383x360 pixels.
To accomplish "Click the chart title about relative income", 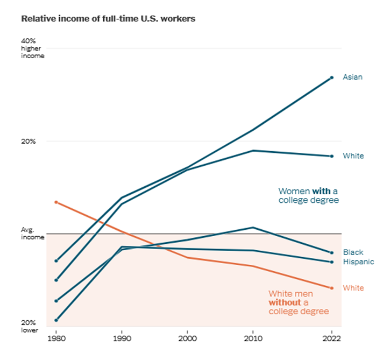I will point(108,19).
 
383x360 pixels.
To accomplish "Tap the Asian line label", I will point(353,77).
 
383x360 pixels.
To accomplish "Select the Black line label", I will point(353,252).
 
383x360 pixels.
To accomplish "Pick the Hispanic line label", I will point(358,262).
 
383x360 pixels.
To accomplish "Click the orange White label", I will point(353,288).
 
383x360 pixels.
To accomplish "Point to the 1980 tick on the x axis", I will point(56,339).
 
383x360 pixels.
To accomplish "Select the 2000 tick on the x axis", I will point(187,339).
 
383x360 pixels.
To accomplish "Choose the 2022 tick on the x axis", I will point(331,339).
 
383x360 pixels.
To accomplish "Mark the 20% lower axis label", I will point(30,326).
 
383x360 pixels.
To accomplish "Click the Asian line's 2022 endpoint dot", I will point(332,77).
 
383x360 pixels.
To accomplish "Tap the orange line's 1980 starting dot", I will point(56,202).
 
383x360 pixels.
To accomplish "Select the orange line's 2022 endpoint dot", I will point(332,288).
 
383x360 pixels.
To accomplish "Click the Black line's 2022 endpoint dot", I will point(332,252).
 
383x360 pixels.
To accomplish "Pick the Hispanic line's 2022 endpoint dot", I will point(332,262).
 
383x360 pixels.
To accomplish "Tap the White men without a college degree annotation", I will point(298,302).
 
